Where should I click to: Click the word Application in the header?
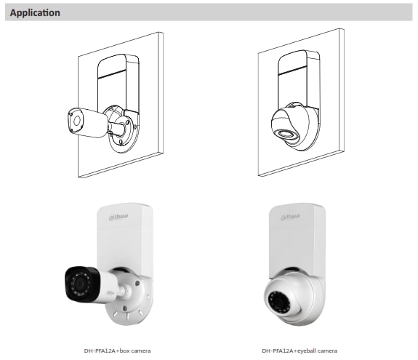pos(35,12)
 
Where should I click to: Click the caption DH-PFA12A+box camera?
pos(117,351)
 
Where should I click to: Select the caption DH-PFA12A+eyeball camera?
pos(300,351)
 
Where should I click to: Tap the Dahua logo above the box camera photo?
pos(118,217)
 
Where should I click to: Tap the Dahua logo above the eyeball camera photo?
pos(290,217)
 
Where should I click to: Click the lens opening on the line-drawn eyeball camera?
pos(285,134)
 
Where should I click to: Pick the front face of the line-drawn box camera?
pos(76,121)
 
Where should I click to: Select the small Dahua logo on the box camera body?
pos(110,293)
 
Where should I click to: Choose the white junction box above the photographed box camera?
pos(125,237)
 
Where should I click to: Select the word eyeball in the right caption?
pos(309,351)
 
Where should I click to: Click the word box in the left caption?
pos(125,351)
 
